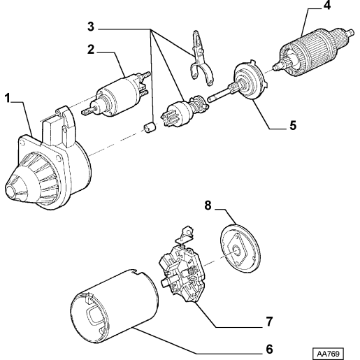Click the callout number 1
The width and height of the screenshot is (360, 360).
pyautogui.click(x=8, y=98)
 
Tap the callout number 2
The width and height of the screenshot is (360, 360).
pyautogui.click(x=91, y=50)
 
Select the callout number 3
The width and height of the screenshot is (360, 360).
pyautogui.click(x=91, y=27)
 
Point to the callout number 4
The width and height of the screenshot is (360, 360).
pyautogui.click(x=327, y=5)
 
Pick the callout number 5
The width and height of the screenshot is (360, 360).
pyautogui.click(x=293, y=125)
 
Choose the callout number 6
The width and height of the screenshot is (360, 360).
pyautogui.click(x=269, y=349)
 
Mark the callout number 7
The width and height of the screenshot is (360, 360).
pyautogui.click(x=269, y=322)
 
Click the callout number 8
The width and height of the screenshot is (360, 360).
pyautogui.click(x=208, y=206)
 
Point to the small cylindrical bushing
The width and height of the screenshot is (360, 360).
pyautogui.click(x=150, y=127)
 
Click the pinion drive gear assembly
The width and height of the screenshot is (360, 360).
pyautogui.click(x=184, y=110)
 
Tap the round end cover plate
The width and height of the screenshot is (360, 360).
pyautogui.click(x=240, y=249)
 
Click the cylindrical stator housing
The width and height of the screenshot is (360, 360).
pyautogui.click(x=115, y=305)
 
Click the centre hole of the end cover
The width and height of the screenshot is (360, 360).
pyautogui.click(x=237, y=251)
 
